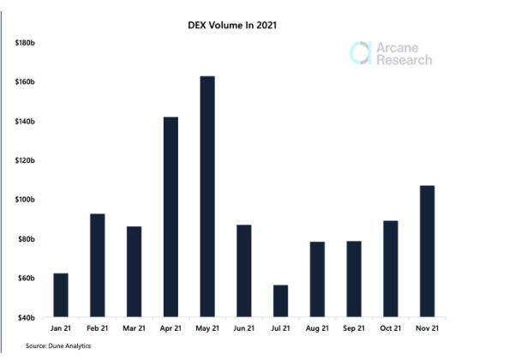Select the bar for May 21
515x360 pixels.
point(207,196)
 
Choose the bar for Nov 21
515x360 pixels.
point(426,251)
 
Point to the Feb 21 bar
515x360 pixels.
point(97,265)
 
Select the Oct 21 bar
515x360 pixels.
point(390,268)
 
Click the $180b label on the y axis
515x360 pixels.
point(24,42)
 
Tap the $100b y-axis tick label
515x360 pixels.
point(24,200)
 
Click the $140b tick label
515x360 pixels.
point(24,121)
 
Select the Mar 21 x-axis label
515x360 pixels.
point(134,329)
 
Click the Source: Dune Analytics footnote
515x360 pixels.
point(59,346)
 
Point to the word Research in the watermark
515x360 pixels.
point(404,60)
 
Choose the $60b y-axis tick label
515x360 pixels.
point(26,279)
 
